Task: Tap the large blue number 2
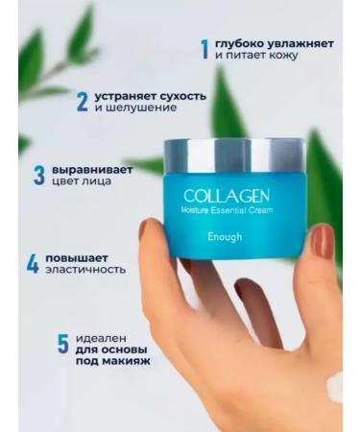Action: (83, 102)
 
